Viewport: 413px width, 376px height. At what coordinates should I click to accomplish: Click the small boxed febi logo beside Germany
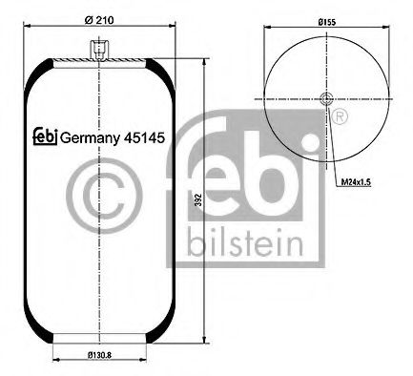click(x=46, y=136)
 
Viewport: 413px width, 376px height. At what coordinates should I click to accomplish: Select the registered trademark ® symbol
click(x=338, y=116)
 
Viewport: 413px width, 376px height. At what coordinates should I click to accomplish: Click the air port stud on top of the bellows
click(x=99, y=47)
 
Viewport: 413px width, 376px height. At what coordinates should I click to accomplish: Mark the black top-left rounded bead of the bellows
click(x=36, y=72)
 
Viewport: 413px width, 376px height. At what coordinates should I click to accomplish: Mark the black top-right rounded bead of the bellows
click(x=163, y=72)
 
